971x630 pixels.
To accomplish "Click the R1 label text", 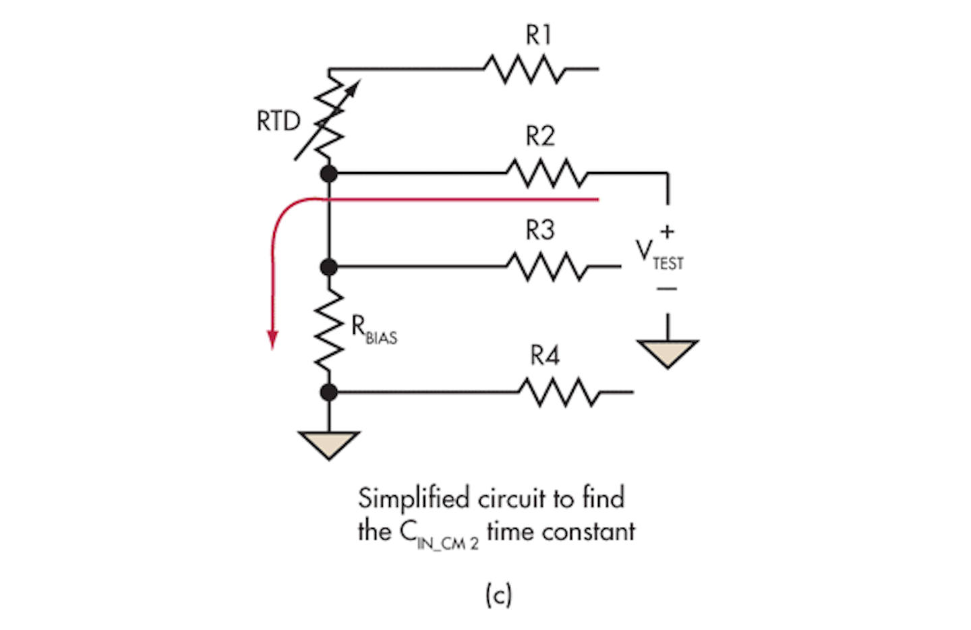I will pyautogui.click(x=539, y=35).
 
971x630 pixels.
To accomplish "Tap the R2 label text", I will pyautogui.click(x=540, y=136).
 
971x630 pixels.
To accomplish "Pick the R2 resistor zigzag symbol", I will pyautogui.click(x=546, y=173).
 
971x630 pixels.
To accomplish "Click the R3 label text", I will pyautogui.click(x=540, y=230).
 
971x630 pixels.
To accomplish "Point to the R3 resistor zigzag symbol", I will pyautogui.click(x=546, y=267).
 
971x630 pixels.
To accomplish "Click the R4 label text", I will pyautogui.click(x=545, y=355).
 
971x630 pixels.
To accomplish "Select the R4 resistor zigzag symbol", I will pyautogui.click(x=558, y=392).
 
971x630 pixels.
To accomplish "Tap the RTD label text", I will pyautogui.click(x=278, y=121).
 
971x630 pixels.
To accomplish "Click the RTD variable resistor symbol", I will pyautogui.click(x=329, y=119).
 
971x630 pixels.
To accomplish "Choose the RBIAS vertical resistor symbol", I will pyautogui.click(x=329, y=331).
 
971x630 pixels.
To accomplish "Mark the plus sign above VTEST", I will pyautogui.click(x=667, y=231).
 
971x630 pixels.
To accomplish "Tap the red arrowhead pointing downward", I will pyautogui.click(x=272, y=339).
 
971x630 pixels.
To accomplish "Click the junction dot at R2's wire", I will pyautogui.click(x=329, y=173).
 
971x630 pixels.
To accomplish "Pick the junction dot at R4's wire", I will pyautogui.click(x=329, y=392).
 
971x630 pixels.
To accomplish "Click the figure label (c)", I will pyautogui.click(x=498, y=595).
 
